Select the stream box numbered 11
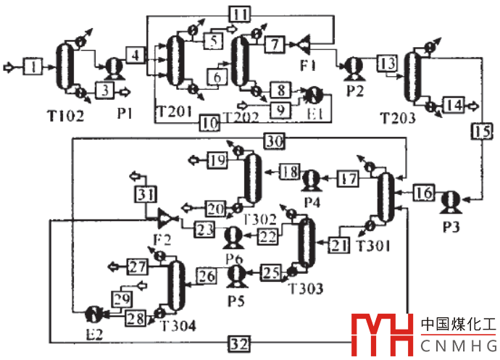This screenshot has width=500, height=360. click(x=240, y=14)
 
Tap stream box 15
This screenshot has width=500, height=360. click(x=483, y=131)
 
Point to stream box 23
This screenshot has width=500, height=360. click(x=204, y=229)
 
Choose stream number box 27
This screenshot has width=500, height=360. click(x=138, y=266)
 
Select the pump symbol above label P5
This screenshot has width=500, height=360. click(x=236, y=275)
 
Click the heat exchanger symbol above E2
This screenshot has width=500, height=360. click(x=93, y=314)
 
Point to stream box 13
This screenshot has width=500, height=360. click(x=386, y=62)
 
